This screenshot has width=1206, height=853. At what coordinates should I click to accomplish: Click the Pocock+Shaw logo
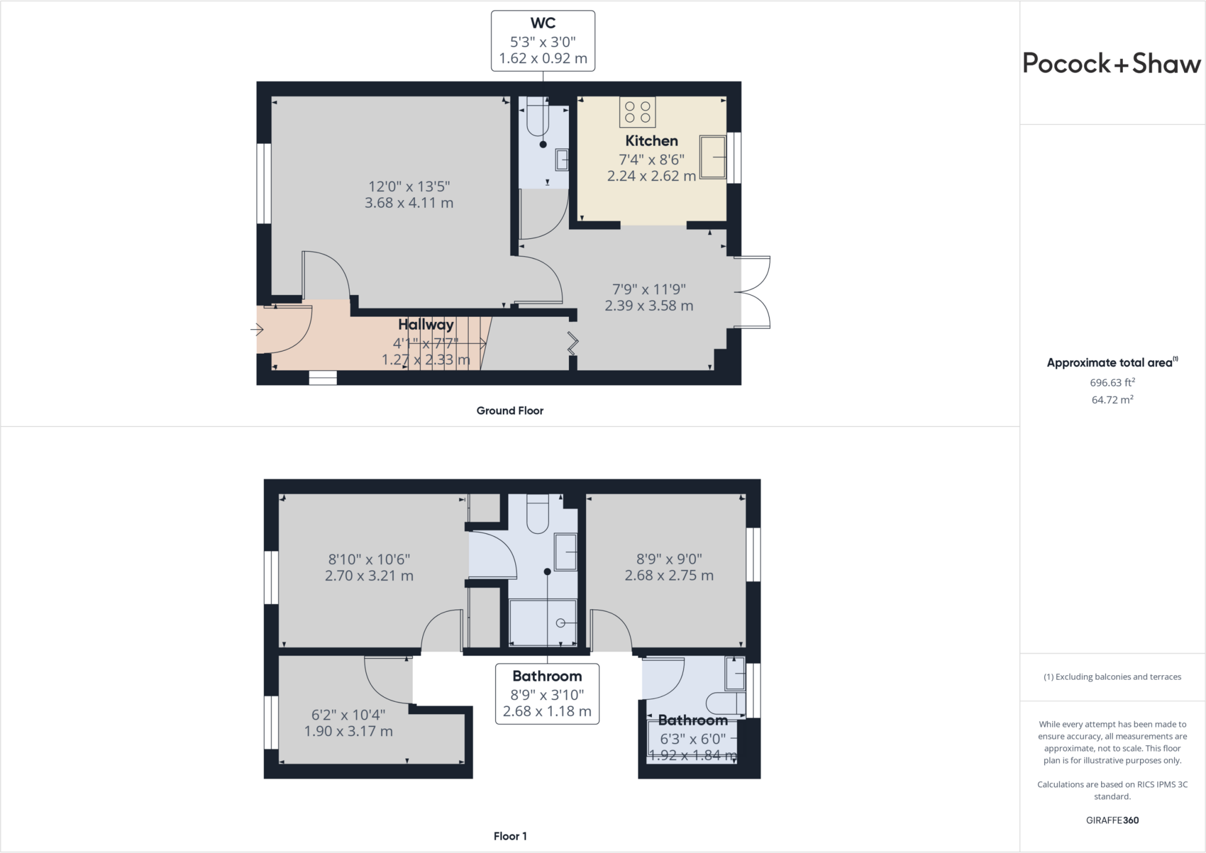(x=1111, y=64)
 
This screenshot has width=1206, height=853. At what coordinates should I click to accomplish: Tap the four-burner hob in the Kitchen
(x=637, y=112)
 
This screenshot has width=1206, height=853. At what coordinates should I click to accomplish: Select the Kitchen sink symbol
(x=713, y=157)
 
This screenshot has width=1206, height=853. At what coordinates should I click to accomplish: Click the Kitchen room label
(x=651, y=141)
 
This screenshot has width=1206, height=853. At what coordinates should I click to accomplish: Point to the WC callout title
(x=543, y=23)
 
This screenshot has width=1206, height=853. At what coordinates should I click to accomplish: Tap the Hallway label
(x=426, y=324)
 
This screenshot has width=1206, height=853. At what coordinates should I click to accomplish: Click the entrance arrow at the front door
(x=257, y=329)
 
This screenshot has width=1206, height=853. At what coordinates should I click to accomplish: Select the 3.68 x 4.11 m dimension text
(x=409, y=203)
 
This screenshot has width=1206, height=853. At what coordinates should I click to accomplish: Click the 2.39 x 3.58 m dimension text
(x=649, y=306)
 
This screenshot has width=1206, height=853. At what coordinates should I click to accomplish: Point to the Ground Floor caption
(x=510, y=411)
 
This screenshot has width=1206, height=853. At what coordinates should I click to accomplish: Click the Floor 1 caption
(x=510, y=836)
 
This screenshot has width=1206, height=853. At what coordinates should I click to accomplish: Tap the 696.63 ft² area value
(x=1112, y=382)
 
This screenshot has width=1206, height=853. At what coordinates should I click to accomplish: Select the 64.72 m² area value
(x=1112, y=399)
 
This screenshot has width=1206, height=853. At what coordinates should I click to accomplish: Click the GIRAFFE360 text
(x=1112, y=820)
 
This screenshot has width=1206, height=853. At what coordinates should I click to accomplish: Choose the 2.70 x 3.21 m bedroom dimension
(x=369, y=576)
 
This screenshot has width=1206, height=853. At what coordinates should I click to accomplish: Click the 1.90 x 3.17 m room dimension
(x=348, y=731)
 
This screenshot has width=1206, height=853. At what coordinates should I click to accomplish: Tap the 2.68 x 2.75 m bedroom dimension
(x=669, y=576)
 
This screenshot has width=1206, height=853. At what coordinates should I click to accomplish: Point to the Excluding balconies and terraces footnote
(x=1112, y=677)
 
